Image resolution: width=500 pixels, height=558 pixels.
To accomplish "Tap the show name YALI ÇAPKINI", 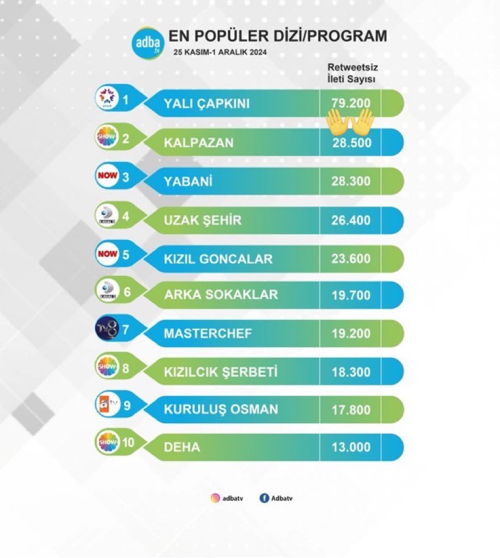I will coord(206,102).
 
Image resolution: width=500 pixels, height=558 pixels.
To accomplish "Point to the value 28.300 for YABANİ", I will coord(350,181).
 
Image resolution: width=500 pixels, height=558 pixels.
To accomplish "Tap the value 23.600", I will coord(350,258).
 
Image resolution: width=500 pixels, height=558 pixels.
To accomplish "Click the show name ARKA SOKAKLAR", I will coord(221,295).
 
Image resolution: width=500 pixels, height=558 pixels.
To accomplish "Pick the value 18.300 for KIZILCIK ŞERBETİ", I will coord(350,372).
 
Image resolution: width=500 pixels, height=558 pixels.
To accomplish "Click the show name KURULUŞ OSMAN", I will coord(221,409).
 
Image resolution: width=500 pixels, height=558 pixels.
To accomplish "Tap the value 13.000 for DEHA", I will coord(350,447).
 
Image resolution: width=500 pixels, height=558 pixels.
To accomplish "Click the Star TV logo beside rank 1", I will coord(106,98).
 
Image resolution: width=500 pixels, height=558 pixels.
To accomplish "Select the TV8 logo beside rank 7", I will coord(106,329).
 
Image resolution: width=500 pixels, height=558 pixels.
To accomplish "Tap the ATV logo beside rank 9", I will coord(106,406).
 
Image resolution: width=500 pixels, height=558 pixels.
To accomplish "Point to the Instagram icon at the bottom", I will coord(215,498).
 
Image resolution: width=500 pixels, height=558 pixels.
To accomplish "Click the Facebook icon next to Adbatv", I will coord(264,498).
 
